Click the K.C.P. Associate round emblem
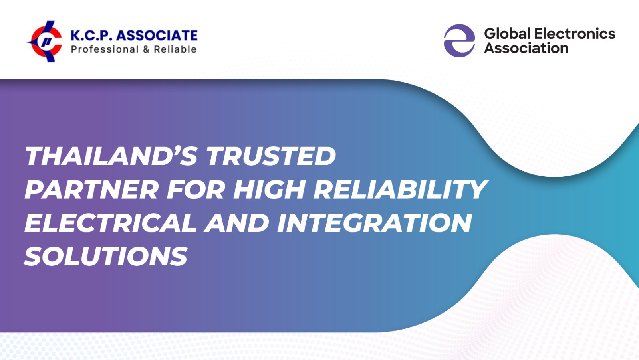45,42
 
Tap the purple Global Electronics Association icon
459,41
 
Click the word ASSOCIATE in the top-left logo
157,36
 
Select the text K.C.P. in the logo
91,36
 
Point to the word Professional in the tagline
105,49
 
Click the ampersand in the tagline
146,49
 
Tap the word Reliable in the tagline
175,49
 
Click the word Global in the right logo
507,34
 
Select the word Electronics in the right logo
575,34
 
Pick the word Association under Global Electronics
526,48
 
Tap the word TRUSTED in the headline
271,156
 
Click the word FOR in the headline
196,189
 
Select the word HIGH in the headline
270,189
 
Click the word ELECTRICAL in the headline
111,223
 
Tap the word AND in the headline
237,223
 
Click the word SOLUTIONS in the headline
106,256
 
